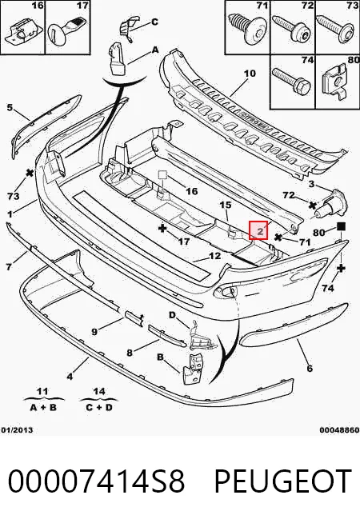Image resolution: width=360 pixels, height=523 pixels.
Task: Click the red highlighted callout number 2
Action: tap(258, 230)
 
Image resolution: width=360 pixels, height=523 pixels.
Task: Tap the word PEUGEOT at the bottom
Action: tap(283, 481)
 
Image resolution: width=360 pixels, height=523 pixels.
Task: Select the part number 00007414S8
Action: tap(96, 481)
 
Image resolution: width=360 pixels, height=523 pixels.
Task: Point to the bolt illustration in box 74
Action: tap(291, 81)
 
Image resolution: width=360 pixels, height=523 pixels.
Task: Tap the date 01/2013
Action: tap(17, 429)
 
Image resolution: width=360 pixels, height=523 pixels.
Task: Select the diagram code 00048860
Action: tap(340, 429)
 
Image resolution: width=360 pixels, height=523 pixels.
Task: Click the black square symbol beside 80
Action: tap(341, 227)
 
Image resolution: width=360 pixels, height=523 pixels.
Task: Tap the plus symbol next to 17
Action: tap(162, 229)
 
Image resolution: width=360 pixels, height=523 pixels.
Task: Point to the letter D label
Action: tap(172, 314)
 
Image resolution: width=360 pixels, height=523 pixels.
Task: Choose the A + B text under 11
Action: tap(43, 407)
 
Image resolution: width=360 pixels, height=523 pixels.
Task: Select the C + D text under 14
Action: tap(98, 407)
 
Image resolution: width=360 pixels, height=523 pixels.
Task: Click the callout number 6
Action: tap(310, 368)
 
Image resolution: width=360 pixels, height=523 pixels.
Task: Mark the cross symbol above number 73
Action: tap(30, 173)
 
